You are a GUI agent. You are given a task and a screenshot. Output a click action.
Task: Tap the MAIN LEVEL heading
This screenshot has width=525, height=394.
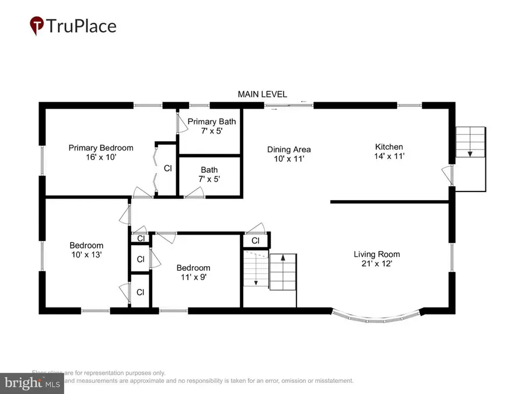pos(262,94)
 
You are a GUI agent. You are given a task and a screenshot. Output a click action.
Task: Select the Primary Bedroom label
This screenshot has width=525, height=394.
pos(101,148)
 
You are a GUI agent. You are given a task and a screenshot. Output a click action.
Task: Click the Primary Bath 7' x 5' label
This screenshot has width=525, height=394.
pos(211,126)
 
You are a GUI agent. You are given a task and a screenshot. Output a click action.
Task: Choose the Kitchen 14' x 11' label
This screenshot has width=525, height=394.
pos(389,151)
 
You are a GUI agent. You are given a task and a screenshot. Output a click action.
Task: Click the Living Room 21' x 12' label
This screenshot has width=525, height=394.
pos(376,259)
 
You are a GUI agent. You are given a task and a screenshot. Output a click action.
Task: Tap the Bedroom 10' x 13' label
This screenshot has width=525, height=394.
pos(86,250)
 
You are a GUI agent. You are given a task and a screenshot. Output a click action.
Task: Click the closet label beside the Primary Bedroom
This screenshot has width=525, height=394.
pos(167,168)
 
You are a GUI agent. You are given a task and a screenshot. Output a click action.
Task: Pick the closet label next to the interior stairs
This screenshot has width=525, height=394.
pos(256,240)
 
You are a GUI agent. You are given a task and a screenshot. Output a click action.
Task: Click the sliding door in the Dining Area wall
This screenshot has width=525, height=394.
pos(289,106)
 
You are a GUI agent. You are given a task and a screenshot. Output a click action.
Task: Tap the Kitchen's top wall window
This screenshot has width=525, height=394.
pos(409,106)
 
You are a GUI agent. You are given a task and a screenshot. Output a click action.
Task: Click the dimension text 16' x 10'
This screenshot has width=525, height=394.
pos(101,156)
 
